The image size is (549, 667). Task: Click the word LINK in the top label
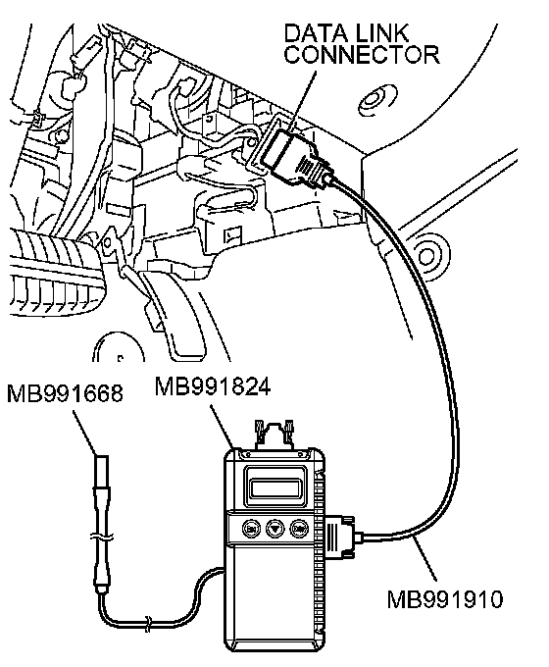click(x=382, y=33)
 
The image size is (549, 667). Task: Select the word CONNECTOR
click(x=362, y=54)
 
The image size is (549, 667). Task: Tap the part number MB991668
click(x=65, y=392)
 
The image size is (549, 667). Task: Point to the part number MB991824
click(x=212, y=386)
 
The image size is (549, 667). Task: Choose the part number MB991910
click(x=445, y=599)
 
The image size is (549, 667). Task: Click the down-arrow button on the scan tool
click(x=274, y=529)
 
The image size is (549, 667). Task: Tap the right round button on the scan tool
click(x=298, y=529)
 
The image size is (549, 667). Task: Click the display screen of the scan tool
click(x=275, y=487)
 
